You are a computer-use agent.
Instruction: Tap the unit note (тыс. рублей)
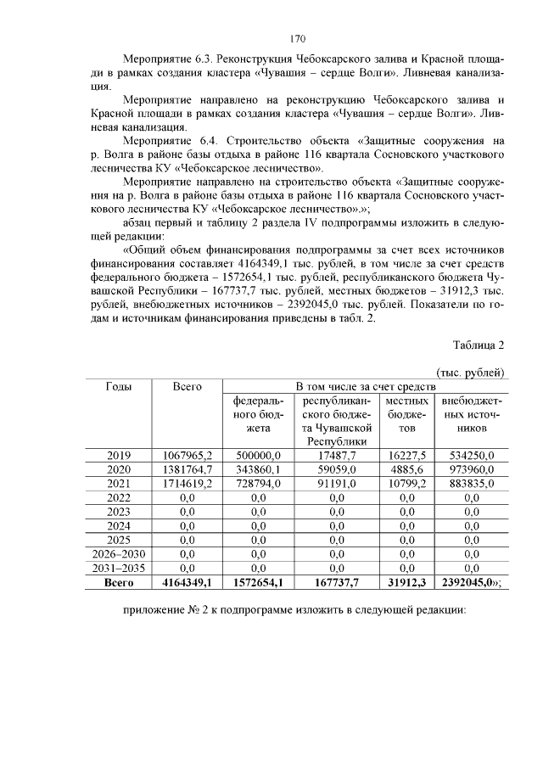click(470, 373)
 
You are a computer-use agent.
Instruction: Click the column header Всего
click(187, 386)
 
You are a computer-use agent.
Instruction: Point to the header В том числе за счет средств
click(364, 386)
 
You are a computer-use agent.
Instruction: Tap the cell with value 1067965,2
click(187, 456)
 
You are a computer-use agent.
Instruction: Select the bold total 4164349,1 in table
click(187, 583)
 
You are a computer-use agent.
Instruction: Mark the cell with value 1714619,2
click(187, 484)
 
